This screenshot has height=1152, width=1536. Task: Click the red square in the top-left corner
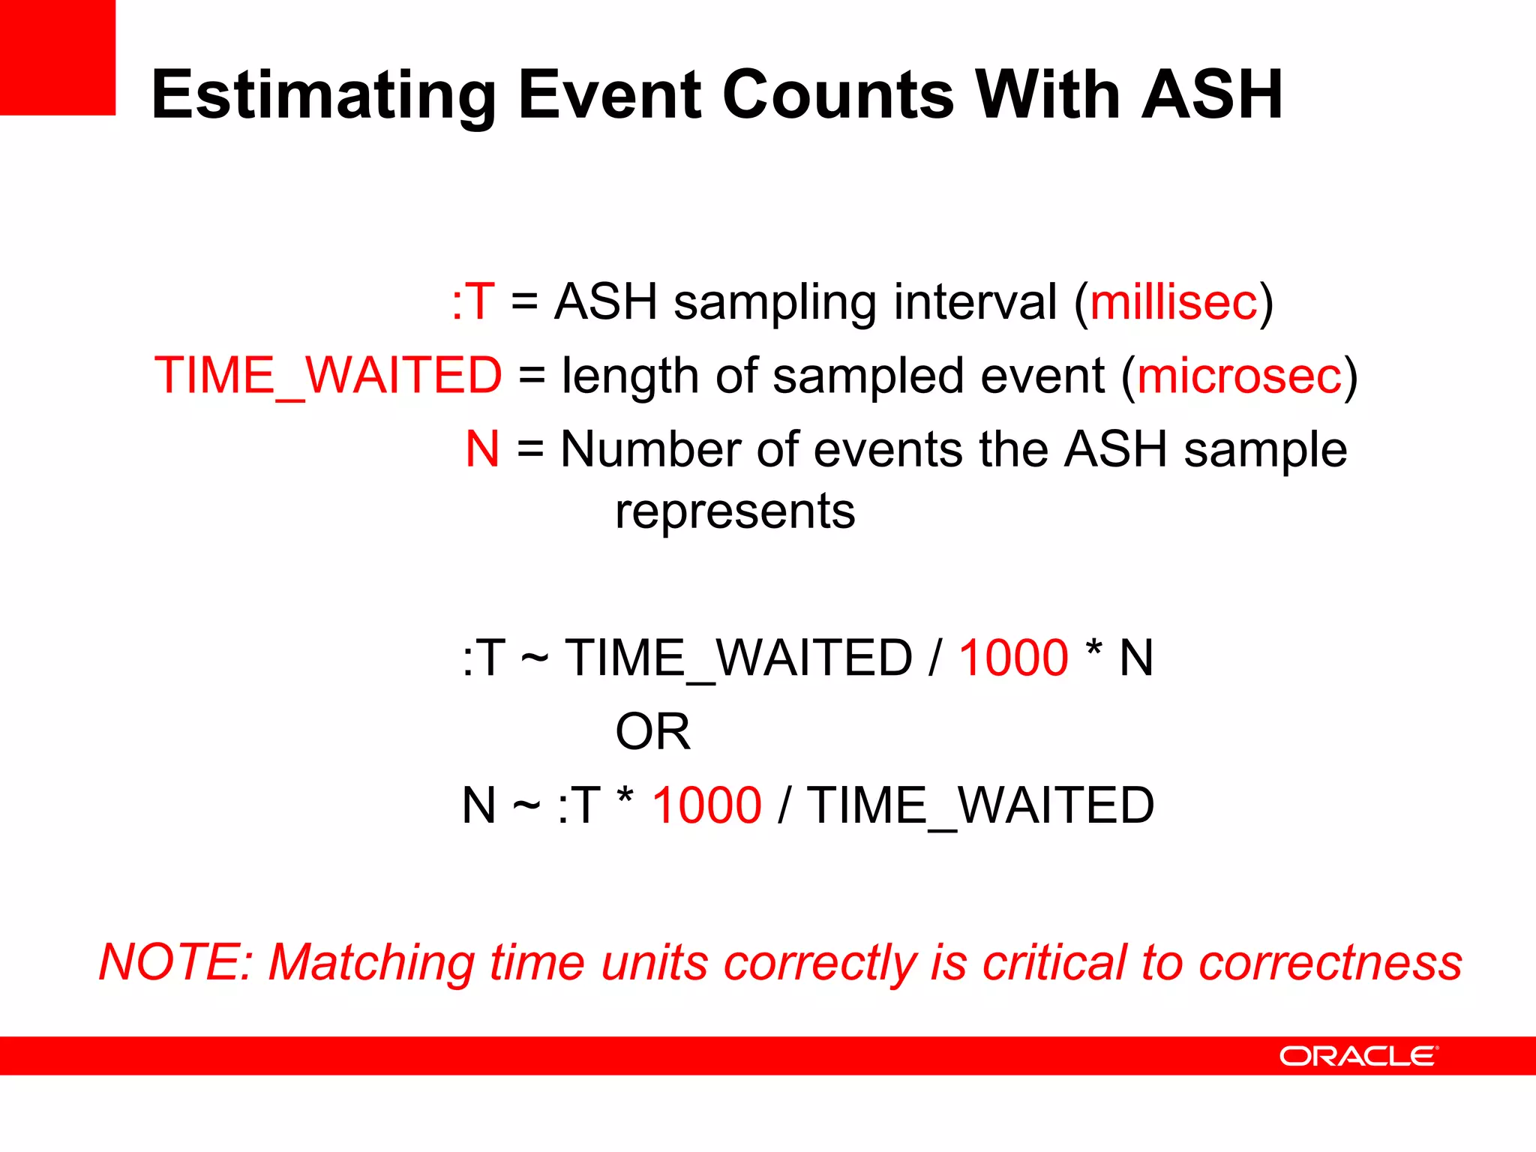57,57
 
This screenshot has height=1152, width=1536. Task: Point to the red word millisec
1173,302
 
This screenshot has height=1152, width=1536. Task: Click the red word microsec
1239,376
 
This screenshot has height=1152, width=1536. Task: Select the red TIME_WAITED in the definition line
328,376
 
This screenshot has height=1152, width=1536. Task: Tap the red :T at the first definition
473,302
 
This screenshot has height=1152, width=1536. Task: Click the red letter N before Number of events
482,449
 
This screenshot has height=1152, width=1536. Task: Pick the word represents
735,512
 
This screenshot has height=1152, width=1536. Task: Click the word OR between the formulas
652,732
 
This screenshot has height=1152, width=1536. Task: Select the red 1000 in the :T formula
1013,658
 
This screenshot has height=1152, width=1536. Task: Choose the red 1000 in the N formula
706,805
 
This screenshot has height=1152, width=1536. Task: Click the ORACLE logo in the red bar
1358,1056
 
